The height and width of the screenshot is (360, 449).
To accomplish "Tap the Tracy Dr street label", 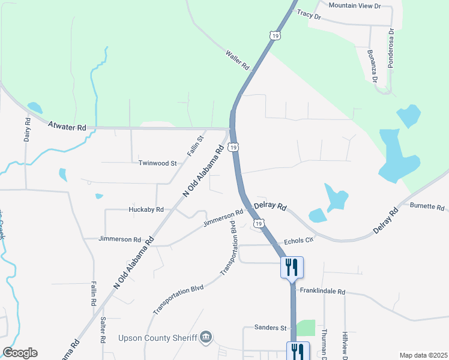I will (x=309, y=15).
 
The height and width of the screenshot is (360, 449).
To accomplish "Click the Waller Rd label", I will (x=238, y=61).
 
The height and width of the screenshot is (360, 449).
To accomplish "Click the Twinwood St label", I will (x=157, y=163).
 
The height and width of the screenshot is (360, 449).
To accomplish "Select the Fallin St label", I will (x=196, y=146).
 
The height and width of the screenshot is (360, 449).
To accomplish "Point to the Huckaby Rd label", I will (x=146, y=209).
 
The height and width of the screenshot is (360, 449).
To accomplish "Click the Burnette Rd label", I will (x=427, y=207).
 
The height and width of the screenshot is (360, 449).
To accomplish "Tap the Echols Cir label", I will (x=299, y=240).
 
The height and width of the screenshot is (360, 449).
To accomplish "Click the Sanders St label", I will (x=271, y=328).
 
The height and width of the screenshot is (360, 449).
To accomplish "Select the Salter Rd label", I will (x=103, y=346).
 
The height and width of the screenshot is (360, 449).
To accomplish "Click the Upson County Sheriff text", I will (x=158, y=337).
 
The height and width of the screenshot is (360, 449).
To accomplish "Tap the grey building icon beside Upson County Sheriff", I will (x=206, y=337).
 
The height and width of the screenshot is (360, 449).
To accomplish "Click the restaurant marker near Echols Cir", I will (x=292, y=266).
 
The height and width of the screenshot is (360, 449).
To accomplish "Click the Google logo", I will (x=20, y=353).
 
